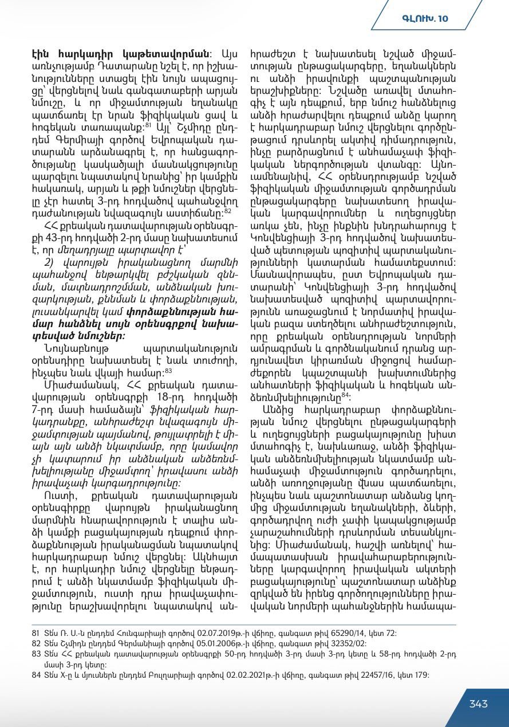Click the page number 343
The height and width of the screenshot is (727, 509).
point(478,704)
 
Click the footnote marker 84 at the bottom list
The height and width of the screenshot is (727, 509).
point(35,674)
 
